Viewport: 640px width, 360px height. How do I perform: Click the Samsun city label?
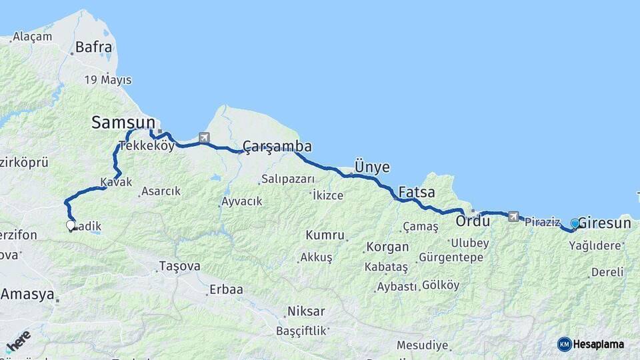pos(123,123)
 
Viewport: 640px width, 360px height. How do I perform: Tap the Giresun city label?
pos(604,223)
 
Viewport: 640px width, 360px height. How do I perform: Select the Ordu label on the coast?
pos(473,220)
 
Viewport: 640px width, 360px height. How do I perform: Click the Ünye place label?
pos(372,167)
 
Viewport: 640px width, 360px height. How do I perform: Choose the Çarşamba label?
pos(277,146)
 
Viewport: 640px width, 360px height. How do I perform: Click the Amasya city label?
pos(26,294)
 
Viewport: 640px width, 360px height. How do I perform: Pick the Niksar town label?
pos(306,311)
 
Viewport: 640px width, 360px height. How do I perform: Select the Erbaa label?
pos(225,289)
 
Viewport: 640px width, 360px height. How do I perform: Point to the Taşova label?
pos(179,266)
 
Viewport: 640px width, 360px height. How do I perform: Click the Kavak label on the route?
pos(116,182)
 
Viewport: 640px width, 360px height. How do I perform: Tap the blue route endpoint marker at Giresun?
pos(575,223)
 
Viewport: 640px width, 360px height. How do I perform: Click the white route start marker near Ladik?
pos(71,225)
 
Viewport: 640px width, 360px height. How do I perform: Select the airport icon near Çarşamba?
pos(204,138)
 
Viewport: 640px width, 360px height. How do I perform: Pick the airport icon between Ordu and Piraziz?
pos(513,216)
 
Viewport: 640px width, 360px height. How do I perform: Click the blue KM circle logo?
pos(564,344)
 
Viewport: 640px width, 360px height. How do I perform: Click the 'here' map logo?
pos(19,341)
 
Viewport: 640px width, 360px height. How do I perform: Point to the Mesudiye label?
pos(422,345)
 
